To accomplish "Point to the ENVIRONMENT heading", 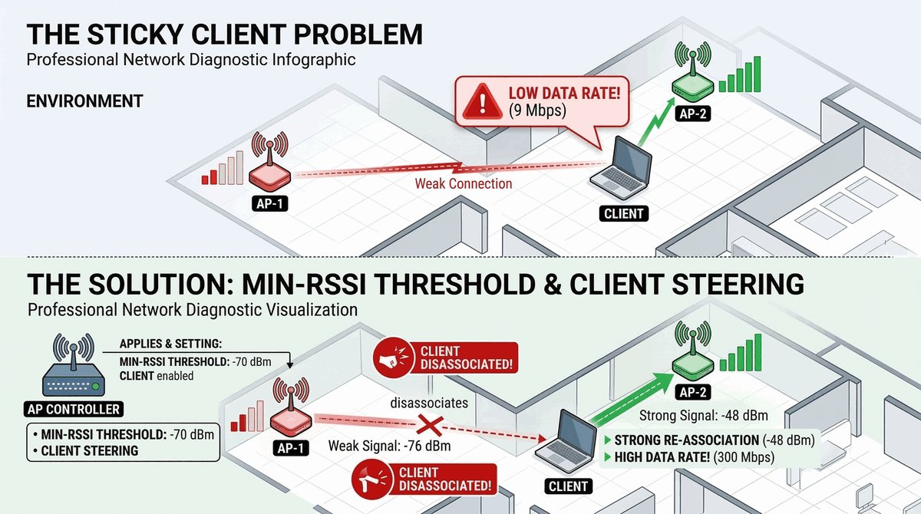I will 84,101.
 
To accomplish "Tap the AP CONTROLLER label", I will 73,409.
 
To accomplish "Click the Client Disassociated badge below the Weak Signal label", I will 422,479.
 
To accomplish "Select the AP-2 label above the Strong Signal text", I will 690,392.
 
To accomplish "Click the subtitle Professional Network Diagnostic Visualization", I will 192,310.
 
